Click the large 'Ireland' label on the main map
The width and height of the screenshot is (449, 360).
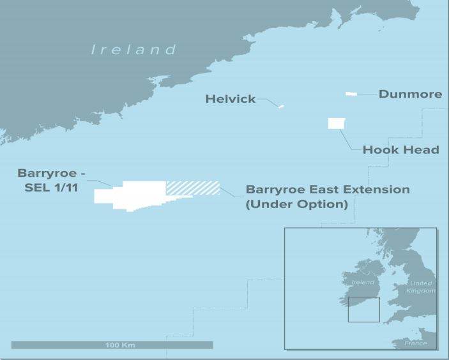coord(133,49)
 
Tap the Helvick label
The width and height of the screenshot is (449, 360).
coord(231,99)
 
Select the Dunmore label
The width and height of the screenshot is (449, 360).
coord(410,94)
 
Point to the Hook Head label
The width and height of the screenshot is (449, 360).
coord(400,150)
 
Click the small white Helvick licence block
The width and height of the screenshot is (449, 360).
coord(280,107)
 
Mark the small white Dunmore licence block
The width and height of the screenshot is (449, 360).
coord(351,94)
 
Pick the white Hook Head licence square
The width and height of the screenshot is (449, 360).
coord(336,123)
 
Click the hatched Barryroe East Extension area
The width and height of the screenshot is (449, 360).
coord(193,188)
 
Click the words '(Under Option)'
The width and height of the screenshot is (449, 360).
coord(297,205)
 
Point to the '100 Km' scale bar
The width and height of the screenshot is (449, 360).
coord(112,345)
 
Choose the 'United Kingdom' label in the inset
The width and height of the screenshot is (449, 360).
coord(421,287)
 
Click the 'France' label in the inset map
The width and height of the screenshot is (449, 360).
coord(415,343)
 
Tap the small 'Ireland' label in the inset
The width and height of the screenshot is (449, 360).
coord(363,282)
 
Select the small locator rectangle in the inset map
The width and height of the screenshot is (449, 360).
coord(363,309)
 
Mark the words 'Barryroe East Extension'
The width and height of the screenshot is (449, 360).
coord(328,190)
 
